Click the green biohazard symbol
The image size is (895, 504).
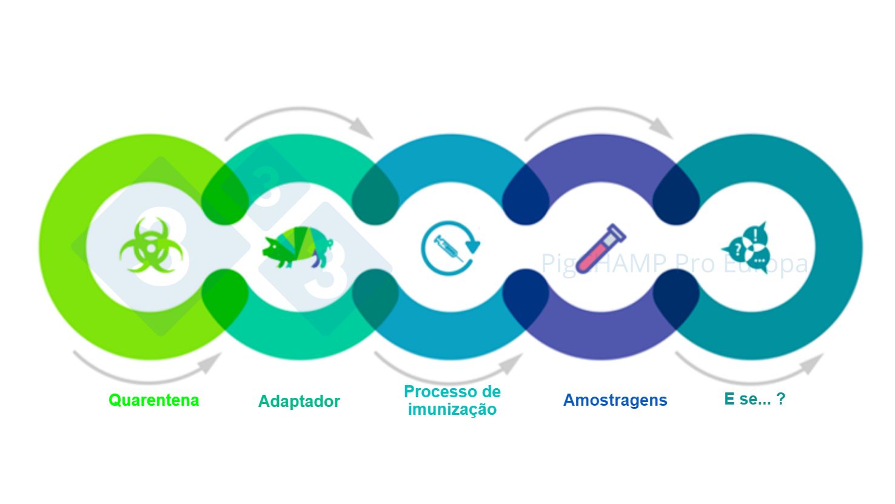point(145,245)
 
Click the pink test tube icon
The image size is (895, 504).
point(600,248)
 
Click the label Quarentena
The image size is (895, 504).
point(154,400)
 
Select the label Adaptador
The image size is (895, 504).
point(299,402)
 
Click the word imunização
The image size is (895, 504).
point(452,409)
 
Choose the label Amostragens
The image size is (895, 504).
point(615,400)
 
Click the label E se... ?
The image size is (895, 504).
point(754,399)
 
